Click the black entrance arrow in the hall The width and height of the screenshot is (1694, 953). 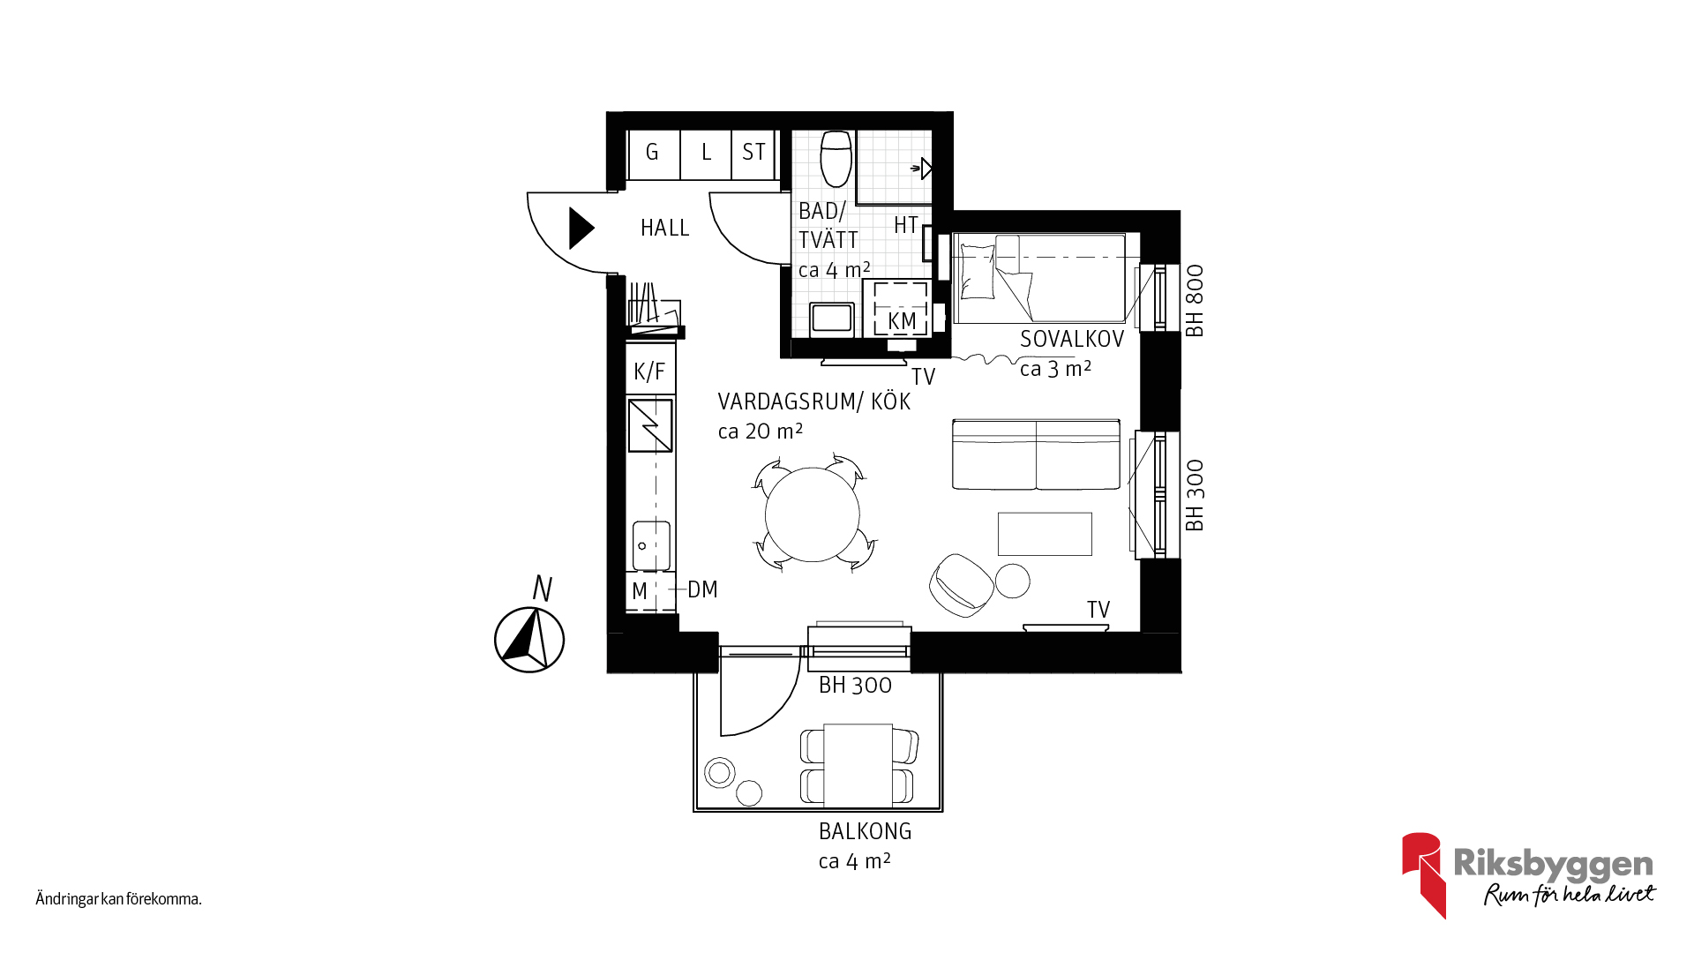pyautogui.click(x=581, y=228)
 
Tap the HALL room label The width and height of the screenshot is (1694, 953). pyautogui.click(x=664, y=228)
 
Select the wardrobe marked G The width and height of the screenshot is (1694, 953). pyautogui.click(x=654, y=154)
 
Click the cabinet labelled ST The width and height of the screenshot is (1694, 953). pyautogui.click(x=753, y=154)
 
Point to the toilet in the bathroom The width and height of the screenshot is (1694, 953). pyautogui.click(x=836, y=159)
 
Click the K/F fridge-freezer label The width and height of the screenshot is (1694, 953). pyautogui.click(x=649, y=371)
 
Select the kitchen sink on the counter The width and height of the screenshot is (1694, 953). pyautogui.click(x=651, y=545)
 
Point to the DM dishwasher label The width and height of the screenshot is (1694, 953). pyautogui.click(x=702, y=589)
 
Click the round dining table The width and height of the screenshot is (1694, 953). pyautogui.click(x=812, y=514)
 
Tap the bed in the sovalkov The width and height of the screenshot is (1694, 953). pyautogui.click(x=1039, y=278)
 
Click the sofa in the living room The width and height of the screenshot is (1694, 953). pyautogui.click(x=1036, y=454)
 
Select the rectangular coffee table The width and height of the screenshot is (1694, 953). pyautogui.click(x=1045, y=534)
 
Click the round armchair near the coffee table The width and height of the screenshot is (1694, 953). pyautogui.click(x=961, y=584)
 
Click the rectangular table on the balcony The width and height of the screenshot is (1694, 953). pyautogui.click(x=858, y=766)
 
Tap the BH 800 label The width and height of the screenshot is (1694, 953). pyautogui.click(x=1195, y=301)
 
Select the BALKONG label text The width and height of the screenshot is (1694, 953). pyautogui.click(x=865, y=831)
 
